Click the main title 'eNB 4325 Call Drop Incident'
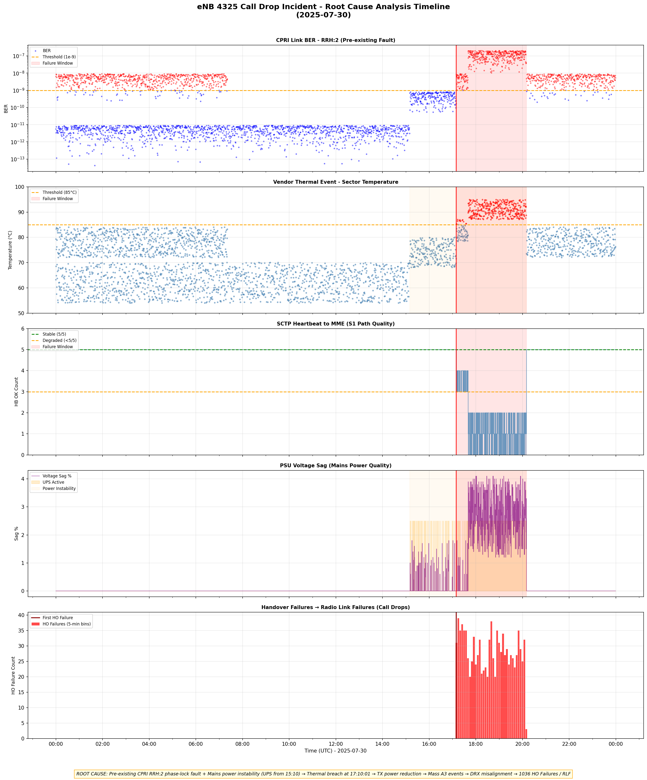coord(323,7)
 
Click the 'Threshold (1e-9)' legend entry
coord(59,57)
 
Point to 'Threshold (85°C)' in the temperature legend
coord(59,192)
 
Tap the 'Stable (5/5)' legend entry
coord(54,334)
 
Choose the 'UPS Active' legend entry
coord(53,482)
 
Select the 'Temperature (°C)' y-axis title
coord(10,250)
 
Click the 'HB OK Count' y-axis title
coord(16,392)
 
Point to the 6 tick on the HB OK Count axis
coord(23,329)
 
